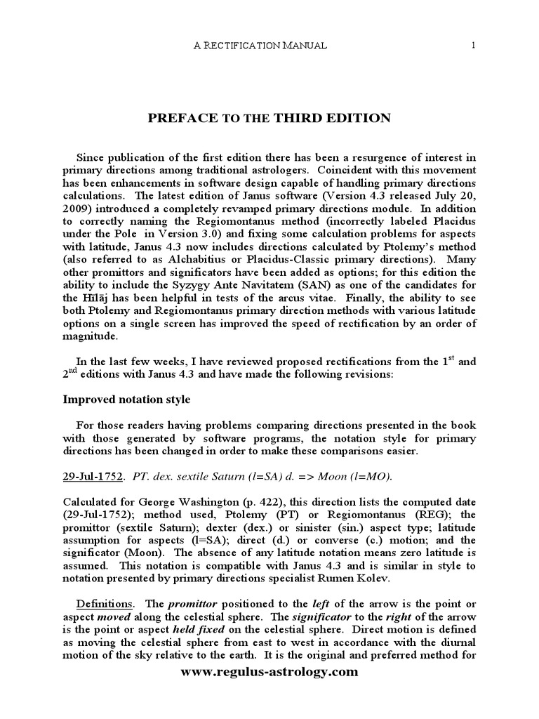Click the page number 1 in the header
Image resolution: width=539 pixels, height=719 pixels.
tap(474, 46)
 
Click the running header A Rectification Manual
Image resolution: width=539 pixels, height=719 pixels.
tap(260, 46)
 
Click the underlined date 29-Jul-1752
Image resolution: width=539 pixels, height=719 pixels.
tap(93, 476)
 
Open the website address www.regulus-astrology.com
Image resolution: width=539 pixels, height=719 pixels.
tap(269, 672)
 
